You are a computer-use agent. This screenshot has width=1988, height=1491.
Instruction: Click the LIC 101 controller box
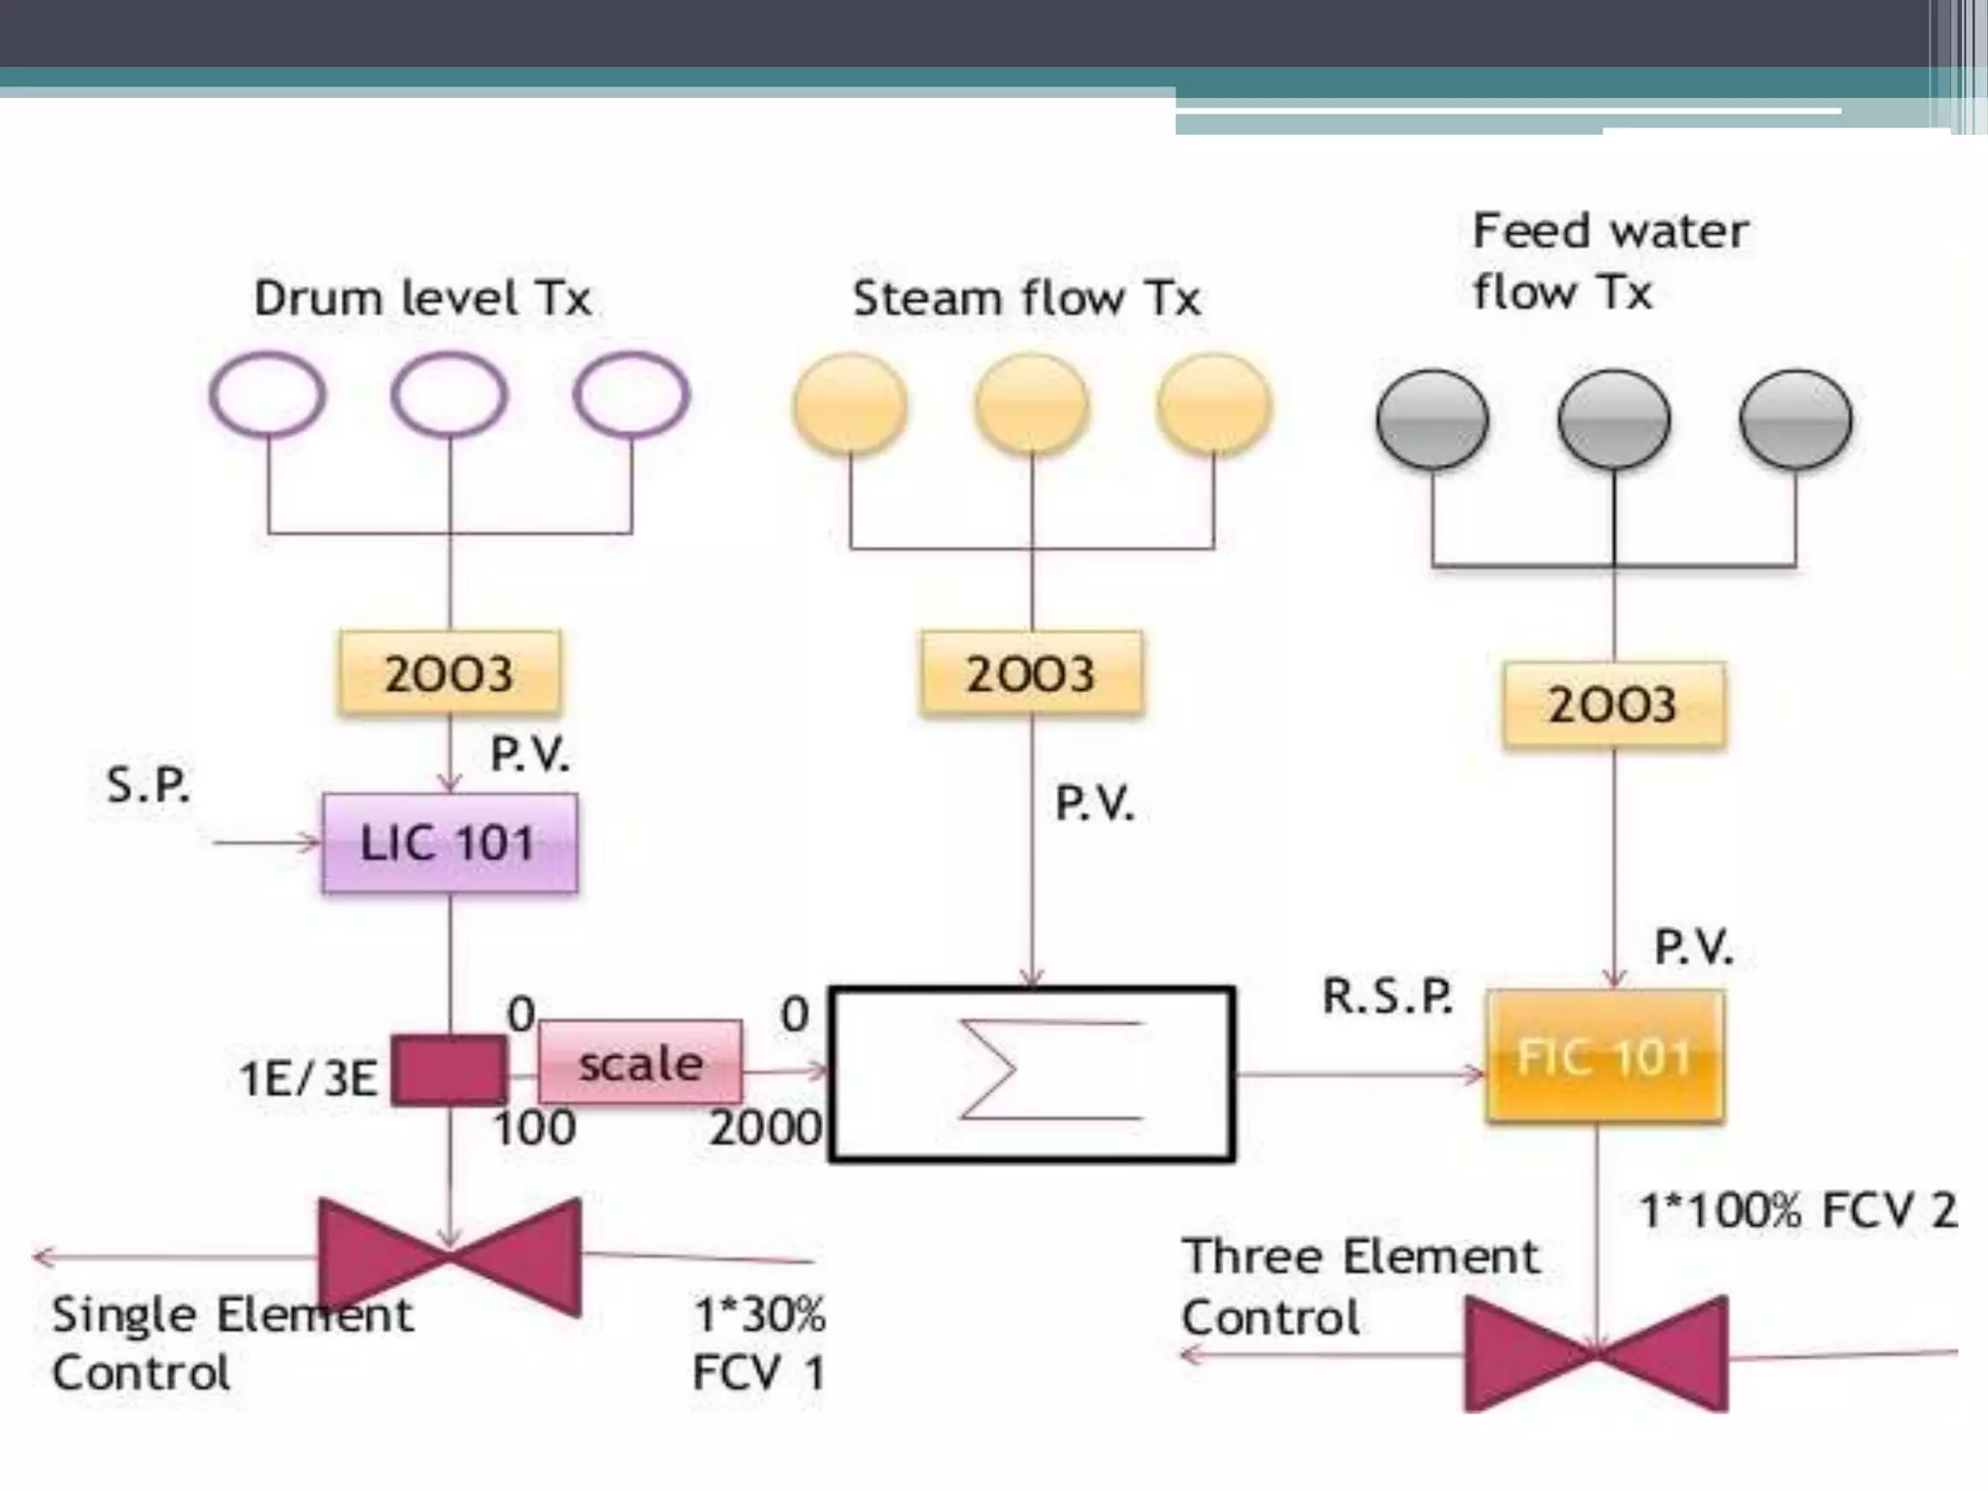[x=449, y=843]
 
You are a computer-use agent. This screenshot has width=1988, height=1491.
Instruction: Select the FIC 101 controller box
[x=1605, y=1056]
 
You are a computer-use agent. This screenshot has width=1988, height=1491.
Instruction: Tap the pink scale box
[x=641, y=1063]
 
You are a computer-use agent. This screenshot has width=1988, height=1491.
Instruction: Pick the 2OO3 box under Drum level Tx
[x=448, y=674]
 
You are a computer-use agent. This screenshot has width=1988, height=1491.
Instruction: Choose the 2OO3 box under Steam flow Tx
[x=1031, y=674]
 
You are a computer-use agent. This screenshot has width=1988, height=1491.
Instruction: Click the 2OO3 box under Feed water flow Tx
[x=1613, y=705]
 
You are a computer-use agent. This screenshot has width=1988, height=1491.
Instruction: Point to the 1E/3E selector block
[x=448, y=1070]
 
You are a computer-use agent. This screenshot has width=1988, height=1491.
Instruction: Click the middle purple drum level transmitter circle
[x=449, y=395]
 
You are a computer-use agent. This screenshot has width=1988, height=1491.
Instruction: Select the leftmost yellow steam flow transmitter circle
[x=850, y=404]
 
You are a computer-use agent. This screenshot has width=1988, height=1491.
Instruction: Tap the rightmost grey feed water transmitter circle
[x=1796, y=419]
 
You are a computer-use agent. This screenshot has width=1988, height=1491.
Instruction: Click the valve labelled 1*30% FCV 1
[x=449, y=1257]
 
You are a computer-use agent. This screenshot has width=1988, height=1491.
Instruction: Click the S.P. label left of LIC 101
[x=148, y=784]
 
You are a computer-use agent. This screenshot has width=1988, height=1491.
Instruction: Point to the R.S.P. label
[x=1388, y=996]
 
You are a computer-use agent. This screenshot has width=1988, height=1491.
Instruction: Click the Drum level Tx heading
[x=422, y=298]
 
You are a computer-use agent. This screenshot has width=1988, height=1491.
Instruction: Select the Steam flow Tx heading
[x=1026, y=298]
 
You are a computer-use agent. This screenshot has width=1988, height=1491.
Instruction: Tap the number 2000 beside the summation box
[x=765, y=1128]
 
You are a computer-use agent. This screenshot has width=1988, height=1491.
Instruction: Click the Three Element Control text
[x=1359, y=1286]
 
